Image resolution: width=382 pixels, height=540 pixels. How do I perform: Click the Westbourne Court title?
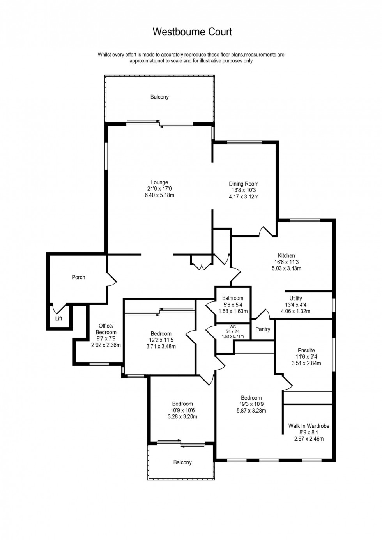pos(192,32)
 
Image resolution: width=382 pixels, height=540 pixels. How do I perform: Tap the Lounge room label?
pos(159,182)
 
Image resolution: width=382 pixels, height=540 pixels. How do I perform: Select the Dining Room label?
pos(244,184)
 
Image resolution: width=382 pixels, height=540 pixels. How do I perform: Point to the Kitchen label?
pos(286,256)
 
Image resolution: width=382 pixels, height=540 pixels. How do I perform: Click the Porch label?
pos(78,277)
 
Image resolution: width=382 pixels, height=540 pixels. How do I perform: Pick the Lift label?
pos(58,319)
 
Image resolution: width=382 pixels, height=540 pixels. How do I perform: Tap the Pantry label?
pos(263,329)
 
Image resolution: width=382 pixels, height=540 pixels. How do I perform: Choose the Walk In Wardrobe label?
pos(309,426)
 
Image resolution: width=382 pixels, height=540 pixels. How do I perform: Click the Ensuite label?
pos(306,351)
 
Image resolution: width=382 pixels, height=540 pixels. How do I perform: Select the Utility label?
pos(295,299)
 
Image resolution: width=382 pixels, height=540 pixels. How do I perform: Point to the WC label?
pos(233,327)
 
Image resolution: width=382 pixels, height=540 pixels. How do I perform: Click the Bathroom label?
pos(233,298)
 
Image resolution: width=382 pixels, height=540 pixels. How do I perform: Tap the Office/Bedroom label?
pos(106,329)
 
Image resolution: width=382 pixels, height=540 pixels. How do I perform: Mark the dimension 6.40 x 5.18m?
pos(159,195)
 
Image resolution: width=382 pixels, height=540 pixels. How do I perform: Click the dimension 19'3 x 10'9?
pos(251,404)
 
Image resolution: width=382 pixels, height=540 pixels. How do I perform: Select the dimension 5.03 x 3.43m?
pos(286,268)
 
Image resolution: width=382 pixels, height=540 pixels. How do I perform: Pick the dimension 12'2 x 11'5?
pos(161,340)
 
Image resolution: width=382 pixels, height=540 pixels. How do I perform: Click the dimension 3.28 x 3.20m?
pos(182,416)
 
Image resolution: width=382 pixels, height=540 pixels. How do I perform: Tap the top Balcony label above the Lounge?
pos(159,97)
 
